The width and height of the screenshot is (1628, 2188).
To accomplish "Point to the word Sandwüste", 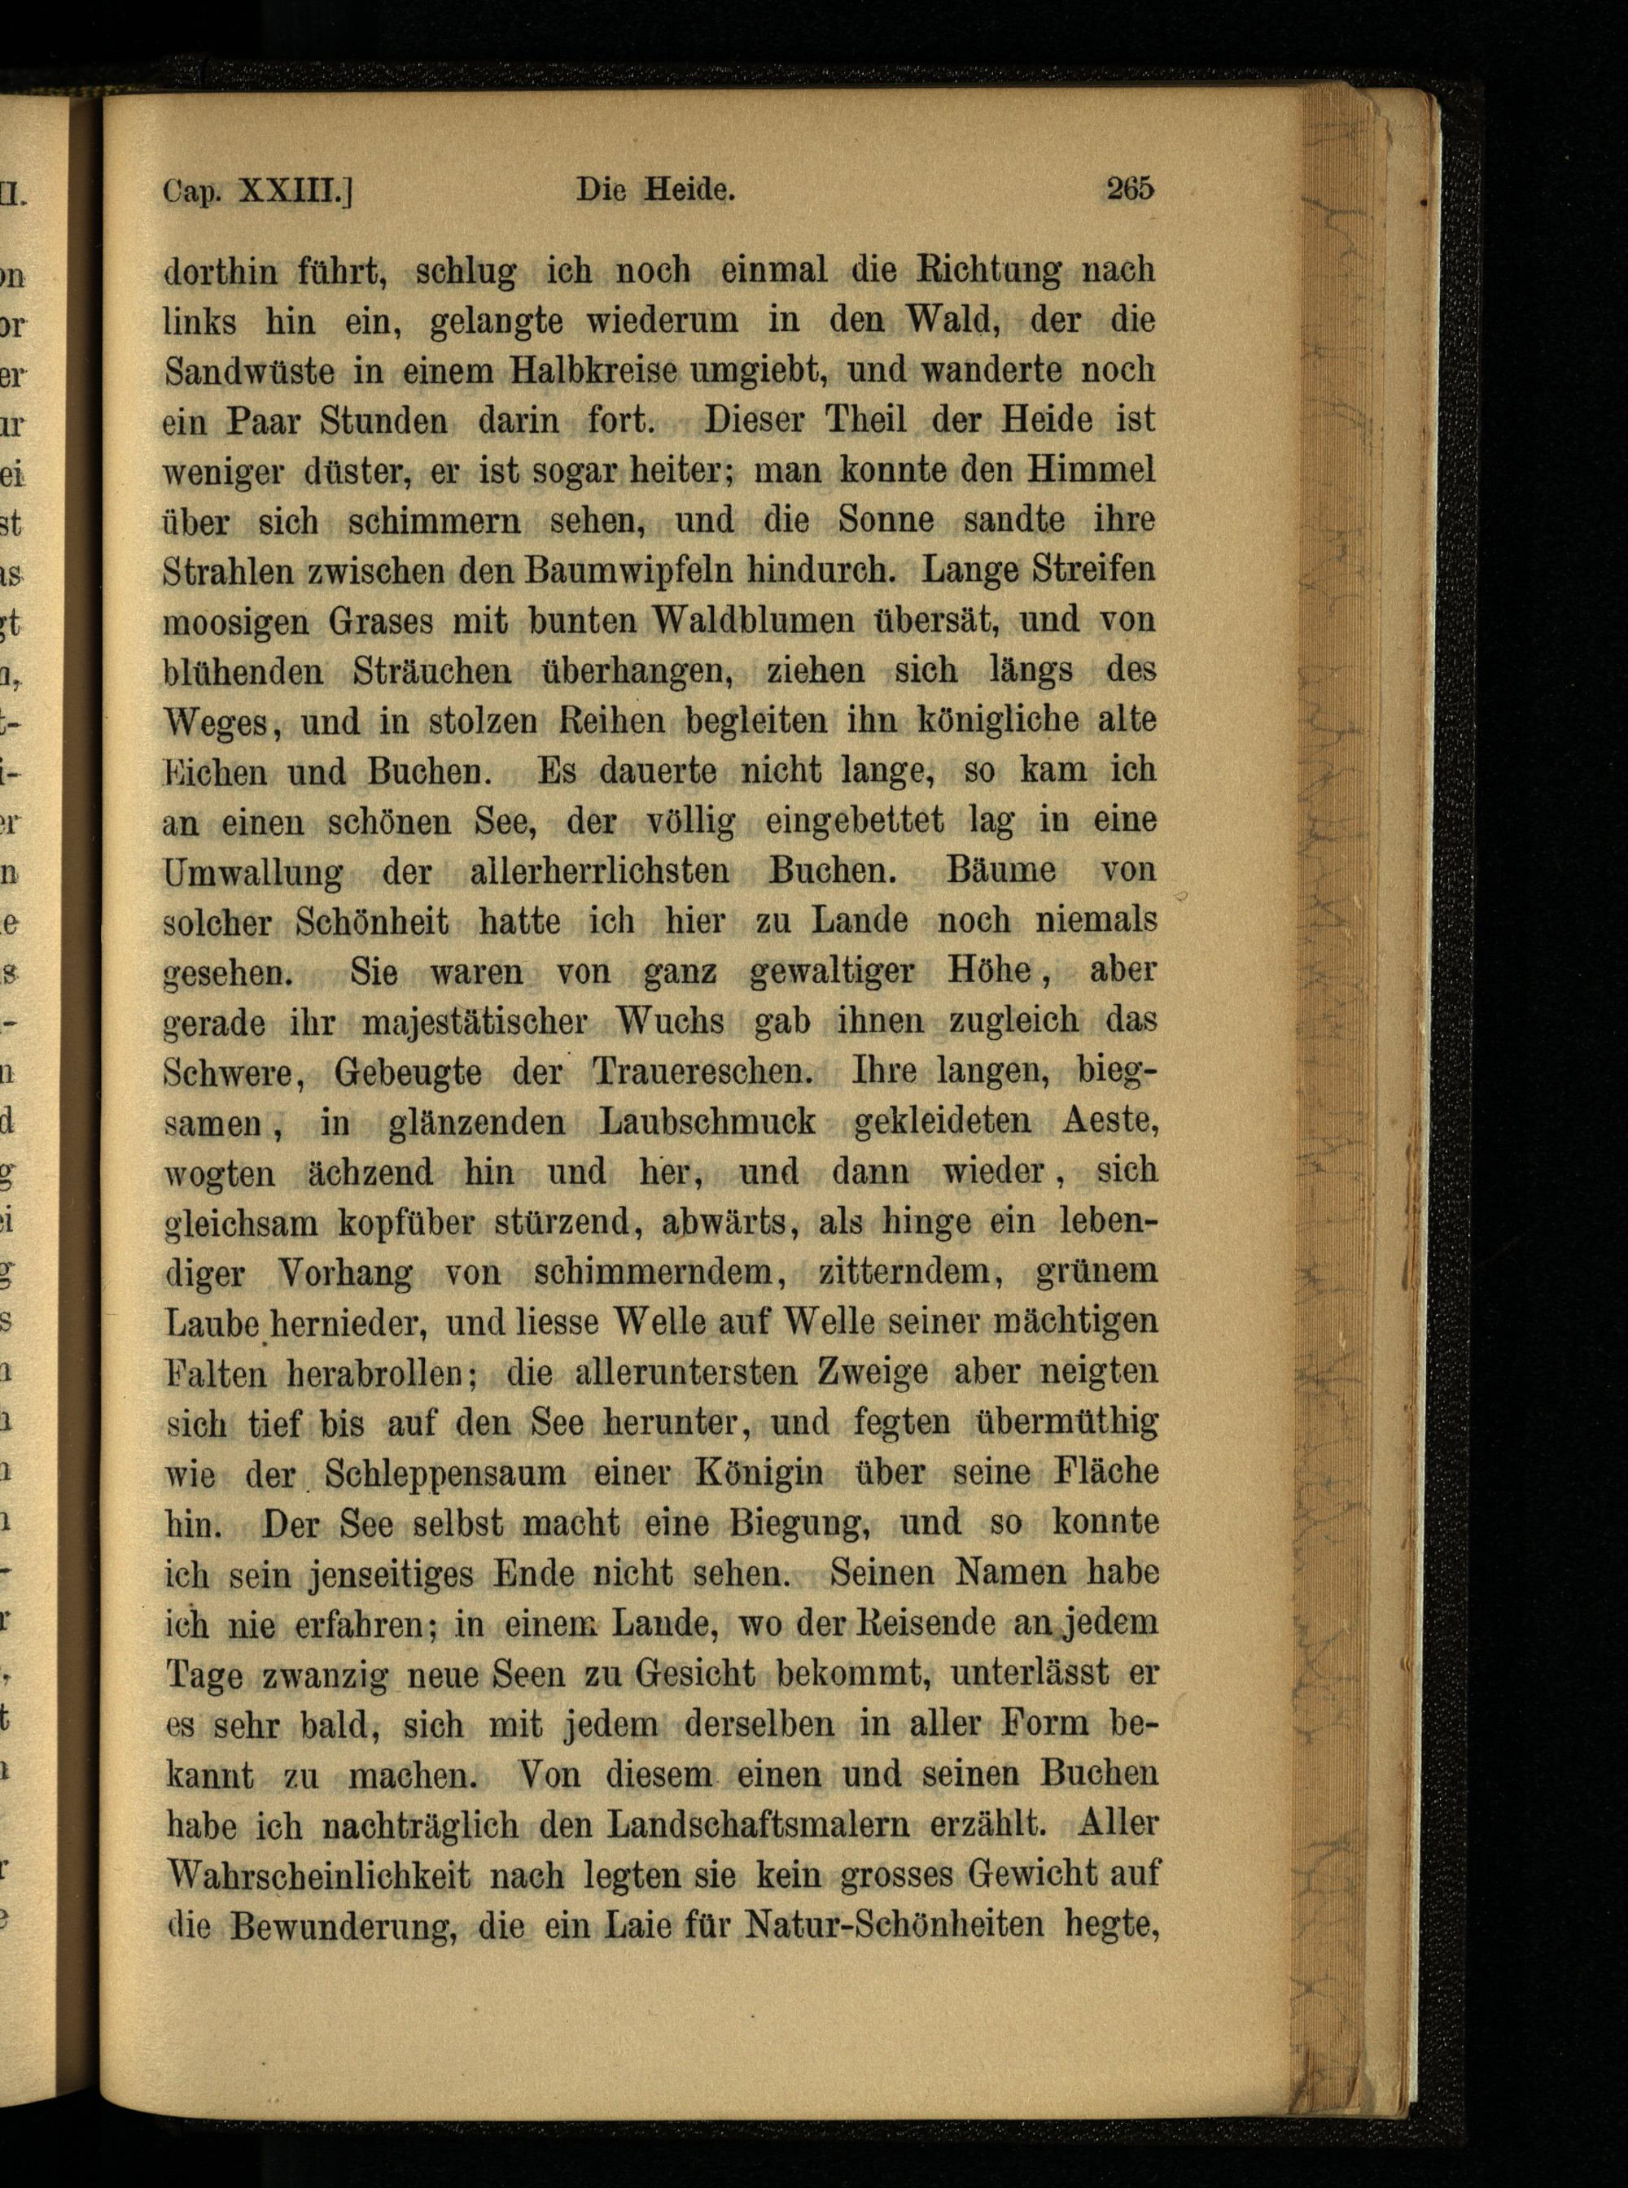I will coord(248,371).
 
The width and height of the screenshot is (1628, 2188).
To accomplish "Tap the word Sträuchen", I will coord(432,672).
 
